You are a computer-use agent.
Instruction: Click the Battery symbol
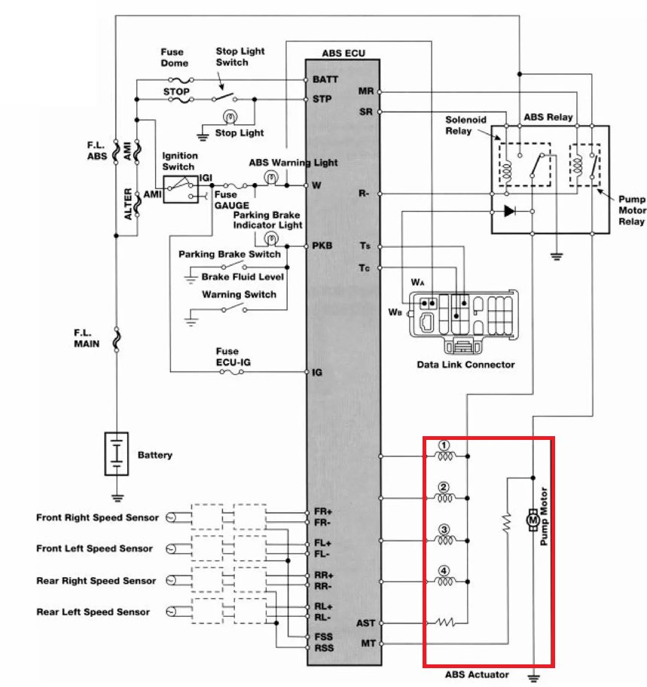117,453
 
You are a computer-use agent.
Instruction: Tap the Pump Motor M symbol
533,520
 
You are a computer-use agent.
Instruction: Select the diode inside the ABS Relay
509,211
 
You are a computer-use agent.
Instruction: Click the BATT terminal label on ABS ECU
325,79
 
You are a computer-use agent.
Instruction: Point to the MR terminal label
366,91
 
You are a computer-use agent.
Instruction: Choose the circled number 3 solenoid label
444,530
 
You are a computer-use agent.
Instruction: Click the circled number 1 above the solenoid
444,446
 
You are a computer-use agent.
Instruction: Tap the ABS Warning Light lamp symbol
271,178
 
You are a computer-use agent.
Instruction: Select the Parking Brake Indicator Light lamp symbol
271,239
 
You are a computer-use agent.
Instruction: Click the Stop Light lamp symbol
230,117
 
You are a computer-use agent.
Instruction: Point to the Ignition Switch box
181,189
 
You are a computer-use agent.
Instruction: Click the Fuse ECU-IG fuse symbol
232,372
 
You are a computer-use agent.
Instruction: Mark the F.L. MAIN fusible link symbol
117,340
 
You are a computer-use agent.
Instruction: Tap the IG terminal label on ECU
317,372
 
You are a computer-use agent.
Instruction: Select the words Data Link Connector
465,365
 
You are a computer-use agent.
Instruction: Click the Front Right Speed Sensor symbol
171,518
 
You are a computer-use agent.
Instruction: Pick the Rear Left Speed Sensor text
93,612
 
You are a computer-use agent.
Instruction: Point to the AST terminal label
365,622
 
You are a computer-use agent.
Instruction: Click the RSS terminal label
324,648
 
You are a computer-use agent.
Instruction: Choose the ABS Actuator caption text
477,674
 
